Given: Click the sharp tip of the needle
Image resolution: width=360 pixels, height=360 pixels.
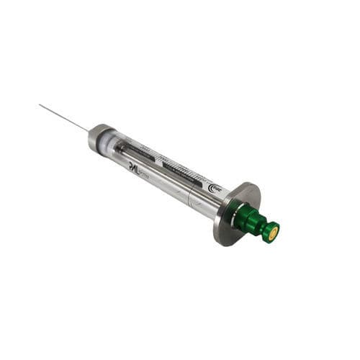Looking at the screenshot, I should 40,105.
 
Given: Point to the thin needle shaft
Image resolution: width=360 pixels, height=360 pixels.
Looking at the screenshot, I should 65,118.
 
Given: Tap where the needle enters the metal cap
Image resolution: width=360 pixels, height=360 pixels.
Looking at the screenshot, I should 90,131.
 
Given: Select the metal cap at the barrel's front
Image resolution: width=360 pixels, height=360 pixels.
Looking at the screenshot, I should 99,137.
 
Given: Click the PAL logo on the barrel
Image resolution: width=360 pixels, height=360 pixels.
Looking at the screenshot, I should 134,165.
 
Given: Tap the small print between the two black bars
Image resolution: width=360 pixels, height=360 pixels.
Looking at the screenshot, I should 159,158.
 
